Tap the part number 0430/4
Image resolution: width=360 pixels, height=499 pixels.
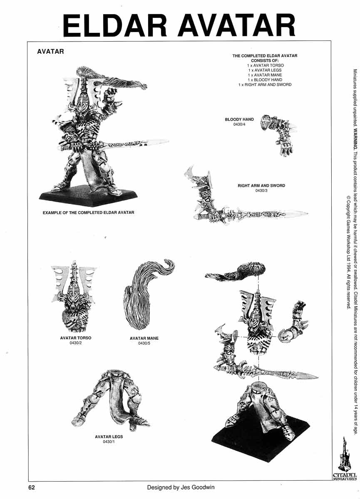pyautogui.click(x=239, y=124)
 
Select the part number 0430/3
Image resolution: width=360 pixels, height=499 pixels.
pyautogui.click(x=261, y=190)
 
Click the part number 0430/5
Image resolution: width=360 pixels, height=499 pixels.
pyautogui.click(x=144, y=343)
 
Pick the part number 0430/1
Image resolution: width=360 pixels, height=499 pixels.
pyautogui.click(x=109, y=442)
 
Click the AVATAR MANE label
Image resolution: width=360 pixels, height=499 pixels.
pyautogui.click(x=144, y=338)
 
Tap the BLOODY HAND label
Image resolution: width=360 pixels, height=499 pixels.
pyautogui.click(x=239, y=119)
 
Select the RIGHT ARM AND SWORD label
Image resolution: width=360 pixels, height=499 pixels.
pyautogui.click(x=261, y=185)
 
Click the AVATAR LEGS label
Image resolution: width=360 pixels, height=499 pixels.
pyautogui.click(x=109, y=437)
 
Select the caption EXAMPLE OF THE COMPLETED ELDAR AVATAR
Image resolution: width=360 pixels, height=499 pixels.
pyautogui.click(x=88, y=213)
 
